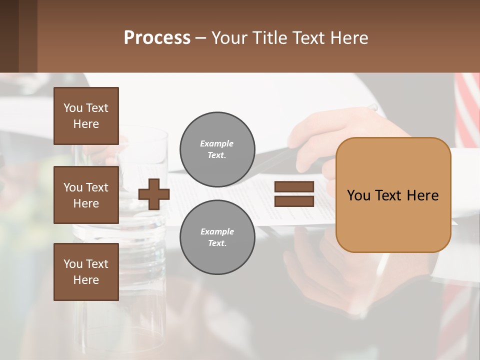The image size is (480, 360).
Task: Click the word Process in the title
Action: [x=157, y=38]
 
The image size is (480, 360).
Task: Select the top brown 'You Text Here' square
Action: [x=86, y=116]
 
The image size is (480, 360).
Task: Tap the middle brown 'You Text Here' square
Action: [x=86, y=195]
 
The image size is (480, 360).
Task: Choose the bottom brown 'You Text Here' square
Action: [x=86, y=272]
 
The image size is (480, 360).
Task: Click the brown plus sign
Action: [x=154, y=194]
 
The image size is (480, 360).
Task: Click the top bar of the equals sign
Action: [x=294, y=186]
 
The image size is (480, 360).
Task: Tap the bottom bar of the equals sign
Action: [x=294, y=201]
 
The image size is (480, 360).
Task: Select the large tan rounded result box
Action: [x=393, y=220]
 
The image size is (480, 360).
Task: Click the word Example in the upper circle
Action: [x=216, y=143]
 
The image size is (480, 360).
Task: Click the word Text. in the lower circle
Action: [x=217, y=243]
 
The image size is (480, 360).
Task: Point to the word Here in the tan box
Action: [x=422, y=195]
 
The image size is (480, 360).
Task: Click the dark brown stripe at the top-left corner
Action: [x=9, y=36]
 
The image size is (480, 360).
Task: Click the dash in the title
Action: [x=200, y=38]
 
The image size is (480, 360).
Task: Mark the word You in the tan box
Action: [x=359, y=195]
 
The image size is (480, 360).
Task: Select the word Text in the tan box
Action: [x=390, y=195]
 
